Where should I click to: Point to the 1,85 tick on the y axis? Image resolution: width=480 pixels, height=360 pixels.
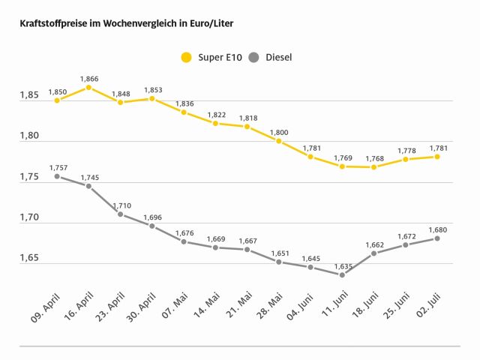(x=29, y=96)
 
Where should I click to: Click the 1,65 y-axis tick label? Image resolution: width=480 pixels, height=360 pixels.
(x=29, y=259)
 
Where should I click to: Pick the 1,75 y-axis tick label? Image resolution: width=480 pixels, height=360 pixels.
(x=29, y=178)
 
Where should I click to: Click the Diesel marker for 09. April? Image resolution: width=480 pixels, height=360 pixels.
(x=57, y=176)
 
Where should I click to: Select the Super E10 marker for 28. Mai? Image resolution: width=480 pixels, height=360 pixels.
(x=278, y=141)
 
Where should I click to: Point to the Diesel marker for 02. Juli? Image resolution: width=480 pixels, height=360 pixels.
(x=436, y=238)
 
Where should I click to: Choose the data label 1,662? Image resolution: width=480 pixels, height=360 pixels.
(x=373, y=244)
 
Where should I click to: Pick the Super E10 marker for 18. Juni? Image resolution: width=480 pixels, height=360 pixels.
(x=373, y=166)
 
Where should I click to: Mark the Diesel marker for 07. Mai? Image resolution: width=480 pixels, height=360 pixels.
(x=184, y=241)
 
